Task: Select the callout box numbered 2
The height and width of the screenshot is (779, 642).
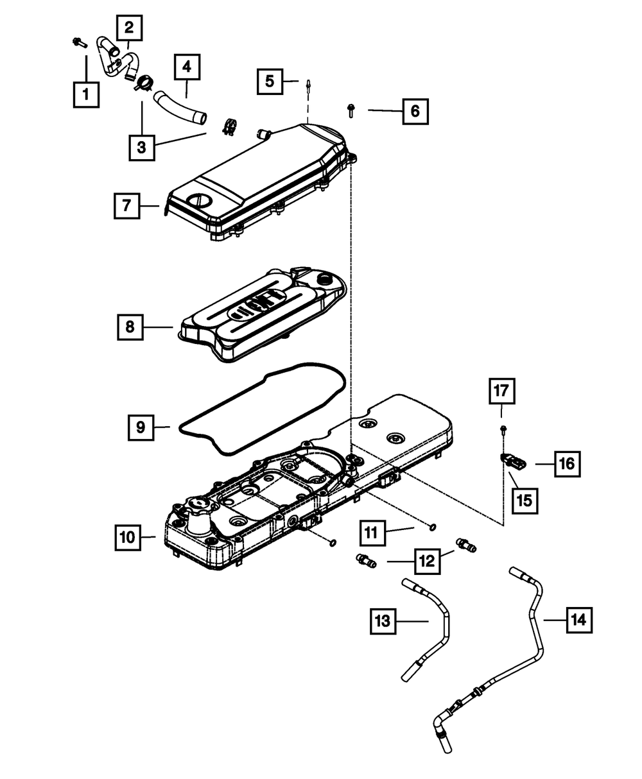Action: point(130,28)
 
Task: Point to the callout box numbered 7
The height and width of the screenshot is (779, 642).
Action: point(126,206)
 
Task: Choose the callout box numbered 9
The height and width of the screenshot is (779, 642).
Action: point(141,426)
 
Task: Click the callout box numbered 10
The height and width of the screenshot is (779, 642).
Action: point(128,537)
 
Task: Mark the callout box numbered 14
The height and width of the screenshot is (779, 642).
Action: point(578,620)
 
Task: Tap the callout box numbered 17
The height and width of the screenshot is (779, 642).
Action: point(503,390)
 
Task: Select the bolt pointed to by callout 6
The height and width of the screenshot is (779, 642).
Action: point(351,110)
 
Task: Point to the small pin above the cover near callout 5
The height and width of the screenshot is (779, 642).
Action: point(309,85)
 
